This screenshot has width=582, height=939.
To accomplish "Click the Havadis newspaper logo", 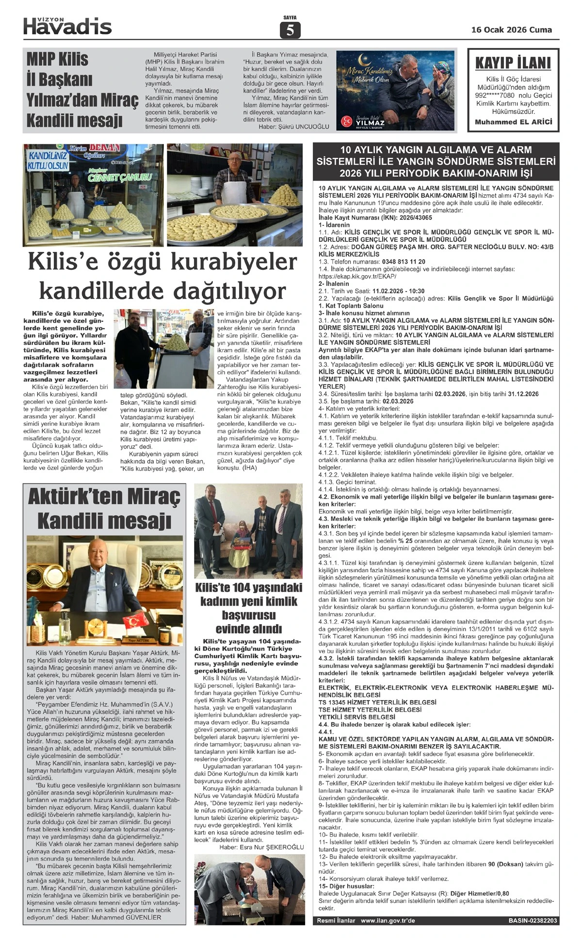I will tap(67, 27).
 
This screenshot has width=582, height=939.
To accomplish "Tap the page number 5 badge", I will tap(290, 30).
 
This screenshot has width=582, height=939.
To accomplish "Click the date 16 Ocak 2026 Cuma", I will tap(511, 30).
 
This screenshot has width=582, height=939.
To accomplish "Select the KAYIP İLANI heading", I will tap(513, 63).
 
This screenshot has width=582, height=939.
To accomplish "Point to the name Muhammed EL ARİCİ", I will tap(513, 122).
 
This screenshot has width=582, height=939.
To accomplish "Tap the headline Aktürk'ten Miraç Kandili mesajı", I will tap(104, 508).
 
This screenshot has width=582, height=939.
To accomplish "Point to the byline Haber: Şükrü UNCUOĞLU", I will tap(293, 127).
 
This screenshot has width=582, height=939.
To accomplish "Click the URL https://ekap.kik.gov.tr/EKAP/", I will tap(357, 276).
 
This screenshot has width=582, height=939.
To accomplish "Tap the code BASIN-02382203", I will tap(533, 921).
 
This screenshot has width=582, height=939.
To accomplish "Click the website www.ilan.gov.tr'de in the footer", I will tap(388, 921).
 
